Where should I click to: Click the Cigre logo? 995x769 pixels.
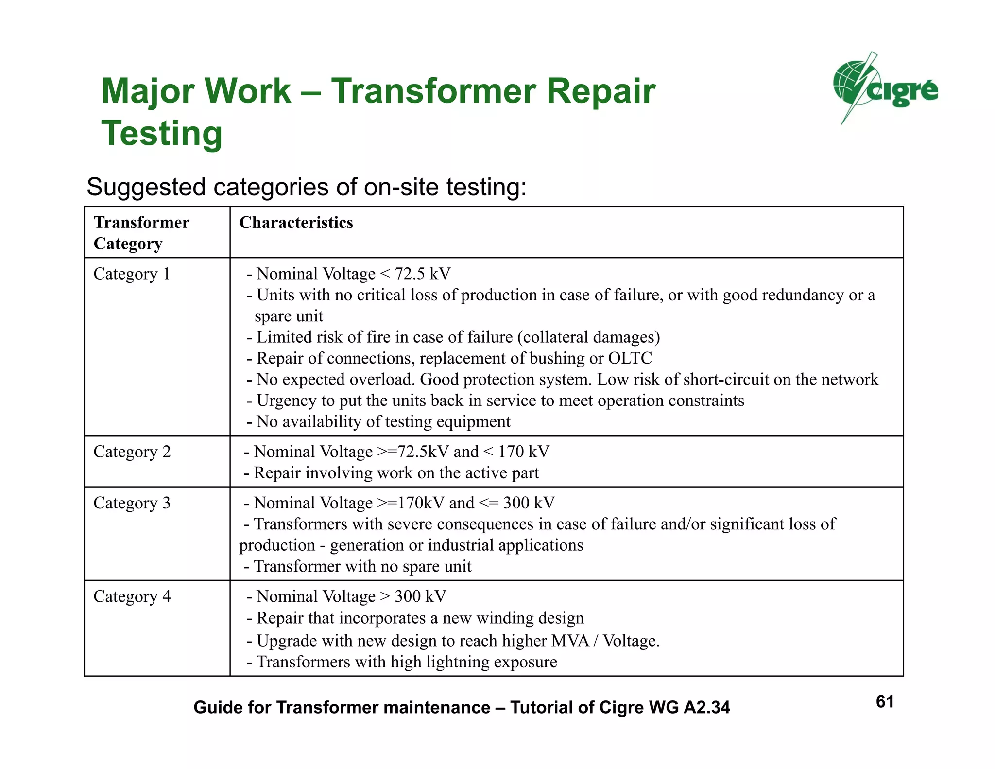point(885,88)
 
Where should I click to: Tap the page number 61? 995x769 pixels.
point(885,701)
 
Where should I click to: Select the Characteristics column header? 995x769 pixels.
point(296,223)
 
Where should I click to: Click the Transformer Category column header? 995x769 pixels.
point(141,232)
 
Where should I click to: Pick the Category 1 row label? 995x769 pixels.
point(132,274)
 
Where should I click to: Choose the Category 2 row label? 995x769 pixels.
point(132,452)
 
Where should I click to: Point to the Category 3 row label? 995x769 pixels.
point(132,503)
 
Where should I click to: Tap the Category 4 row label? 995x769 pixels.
point(132,596)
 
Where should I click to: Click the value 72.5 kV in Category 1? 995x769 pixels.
point(422,274)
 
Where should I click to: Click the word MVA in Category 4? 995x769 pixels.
point(570,641)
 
